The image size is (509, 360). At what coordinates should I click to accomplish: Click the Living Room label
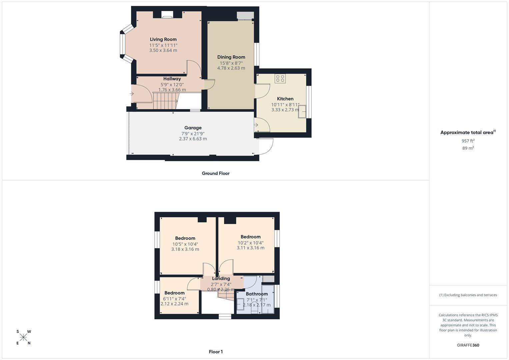pos(163,39)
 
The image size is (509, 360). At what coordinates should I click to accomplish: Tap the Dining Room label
pos(231,57)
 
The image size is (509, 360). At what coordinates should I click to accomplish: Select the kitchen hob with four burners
pos(280,79)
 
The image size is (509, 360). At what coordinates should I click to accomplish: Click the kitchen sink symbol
pos(302,112)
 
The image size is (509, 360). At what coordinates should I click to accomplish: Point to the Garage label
pos(193,128)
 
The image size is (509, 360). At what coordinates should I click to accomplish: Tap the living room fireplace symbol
pos(167,15)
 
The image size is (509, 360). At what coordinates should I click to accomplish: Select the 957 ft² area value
pos(468,141)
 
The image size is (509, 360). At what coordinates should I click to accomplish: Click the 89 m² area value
pos(468,148)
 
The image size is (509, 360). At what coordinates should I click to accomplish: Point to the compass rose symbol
pos(23,337)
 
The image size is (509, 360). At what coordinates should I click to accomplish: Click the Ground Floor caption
pos(216,173)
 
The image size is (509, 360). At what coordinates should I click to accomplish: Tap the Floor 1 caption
pos(216,352)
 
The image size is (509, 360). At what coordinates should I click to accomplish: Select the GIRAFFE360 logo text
pos(468,345)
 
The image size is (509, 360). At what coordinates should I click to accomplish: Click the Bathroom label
pos(257,294)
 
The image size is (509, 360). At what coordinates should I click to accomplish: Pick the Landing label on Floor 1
pos(221,278)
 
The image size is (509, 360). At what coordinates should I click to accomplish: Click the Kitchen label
pos(285,99)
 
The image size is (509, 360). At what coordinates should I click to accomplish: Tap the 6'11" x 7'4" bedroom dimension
pos(175,299)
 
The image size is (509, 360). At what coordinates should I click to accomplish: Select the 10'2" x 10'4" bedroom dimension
pos(251,243)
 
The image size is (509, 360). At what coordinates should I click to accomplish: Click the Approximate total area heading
pos(468,132)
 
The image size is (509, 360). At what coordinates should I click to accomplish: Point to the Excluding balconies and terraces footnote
pos(468,295)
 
